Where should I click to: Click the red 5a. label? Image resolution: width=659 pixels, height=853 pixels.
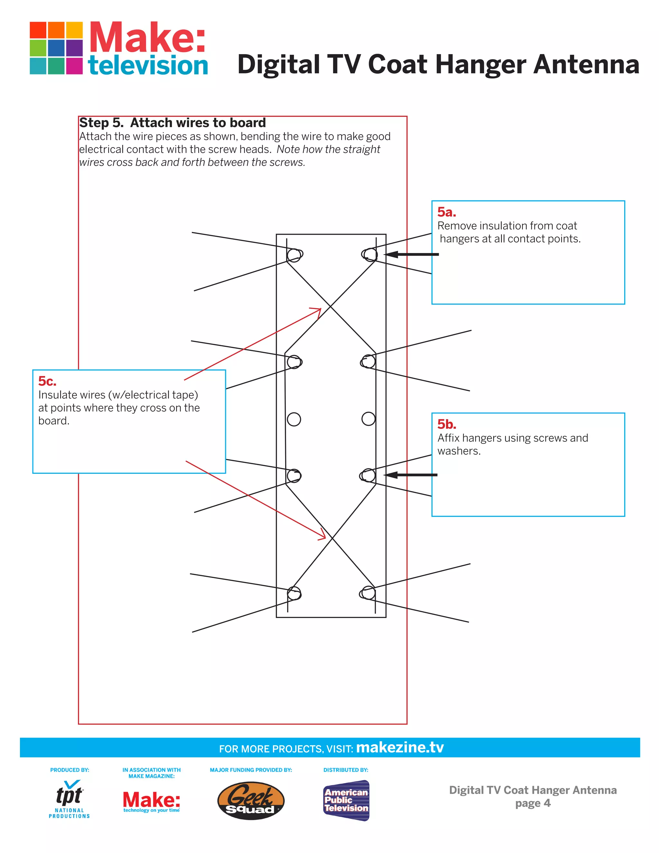(446, 212)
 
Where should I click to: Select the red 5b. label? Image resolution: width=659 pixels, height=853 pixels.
(446, 424)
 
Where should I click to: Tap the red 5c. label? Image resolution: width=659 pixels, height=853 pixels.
(47, 381)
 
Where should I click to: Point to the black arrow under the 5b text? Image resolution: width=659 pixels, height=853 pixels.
(410, 475)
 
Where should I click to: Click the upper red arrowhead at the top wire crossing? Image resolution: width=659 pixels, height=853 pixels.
(317, 311)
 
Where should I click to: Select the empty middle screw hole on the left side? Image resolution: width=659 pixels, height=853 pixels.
(294, 419)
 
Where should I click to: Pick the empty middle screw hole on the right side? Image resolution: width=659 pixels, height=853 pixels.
(368, 419)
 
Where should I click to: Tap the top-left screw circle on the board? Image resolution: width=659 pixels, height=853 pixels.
(294, 255)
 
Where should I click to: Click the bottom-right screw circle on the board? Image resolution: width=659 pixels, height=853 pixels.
(368, 593)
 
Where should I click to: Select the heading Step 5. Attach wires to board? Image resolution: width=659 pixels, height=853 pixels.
(172, 123)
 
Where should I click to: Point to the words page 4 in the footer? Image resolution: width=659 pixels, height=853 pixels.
(533, 803)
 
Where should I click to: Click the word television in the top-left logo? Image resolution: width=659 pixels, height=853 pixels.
(148, 66)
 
